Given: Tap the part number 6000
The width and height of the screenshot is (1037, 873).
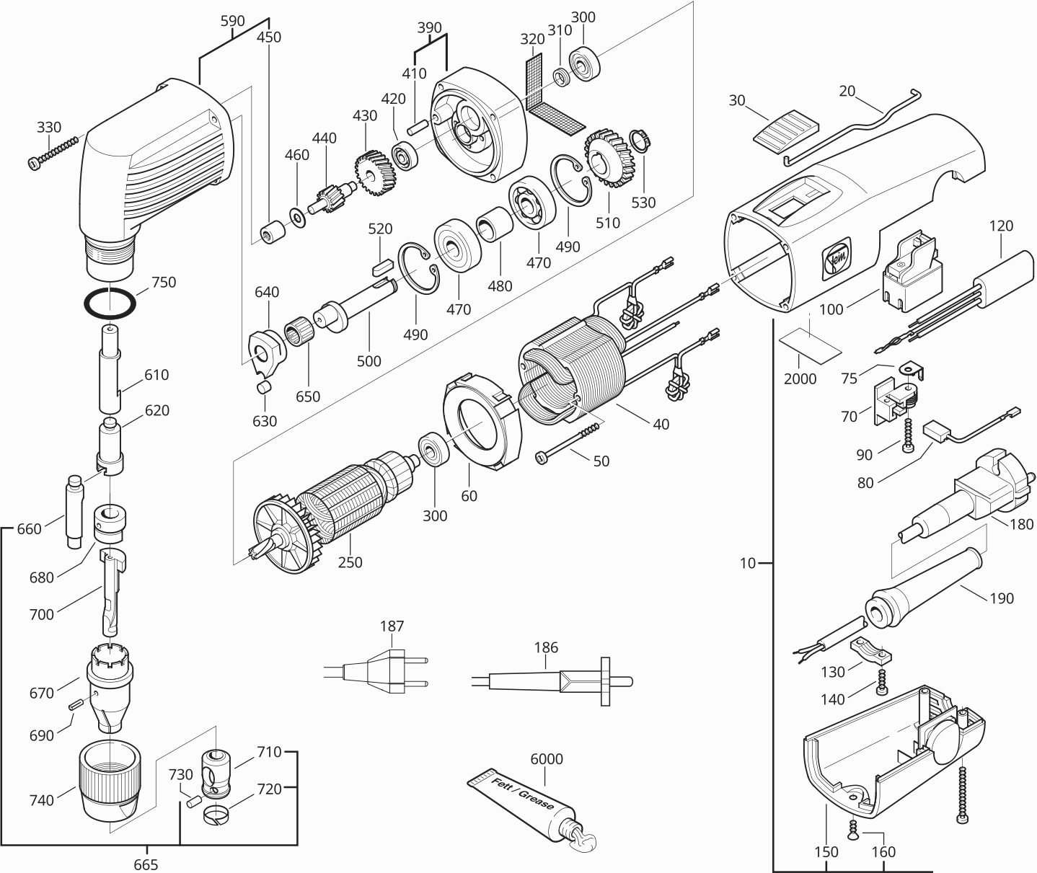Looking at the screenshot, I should click(x=546, y=759).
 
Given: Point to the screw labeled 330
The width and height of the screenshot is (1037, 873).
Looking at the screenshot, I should click(x=54, y=152).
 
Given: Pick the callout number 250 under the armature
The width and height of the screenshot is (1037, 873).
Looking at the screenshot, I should click(x=350, y=562).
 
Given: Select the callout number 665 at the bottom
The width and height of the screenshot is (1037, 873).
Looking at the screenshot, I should click(x=146, y=864).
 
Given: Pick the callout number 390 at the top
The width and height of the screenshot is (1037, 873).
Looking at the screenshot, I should click(x=429, y=27).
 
